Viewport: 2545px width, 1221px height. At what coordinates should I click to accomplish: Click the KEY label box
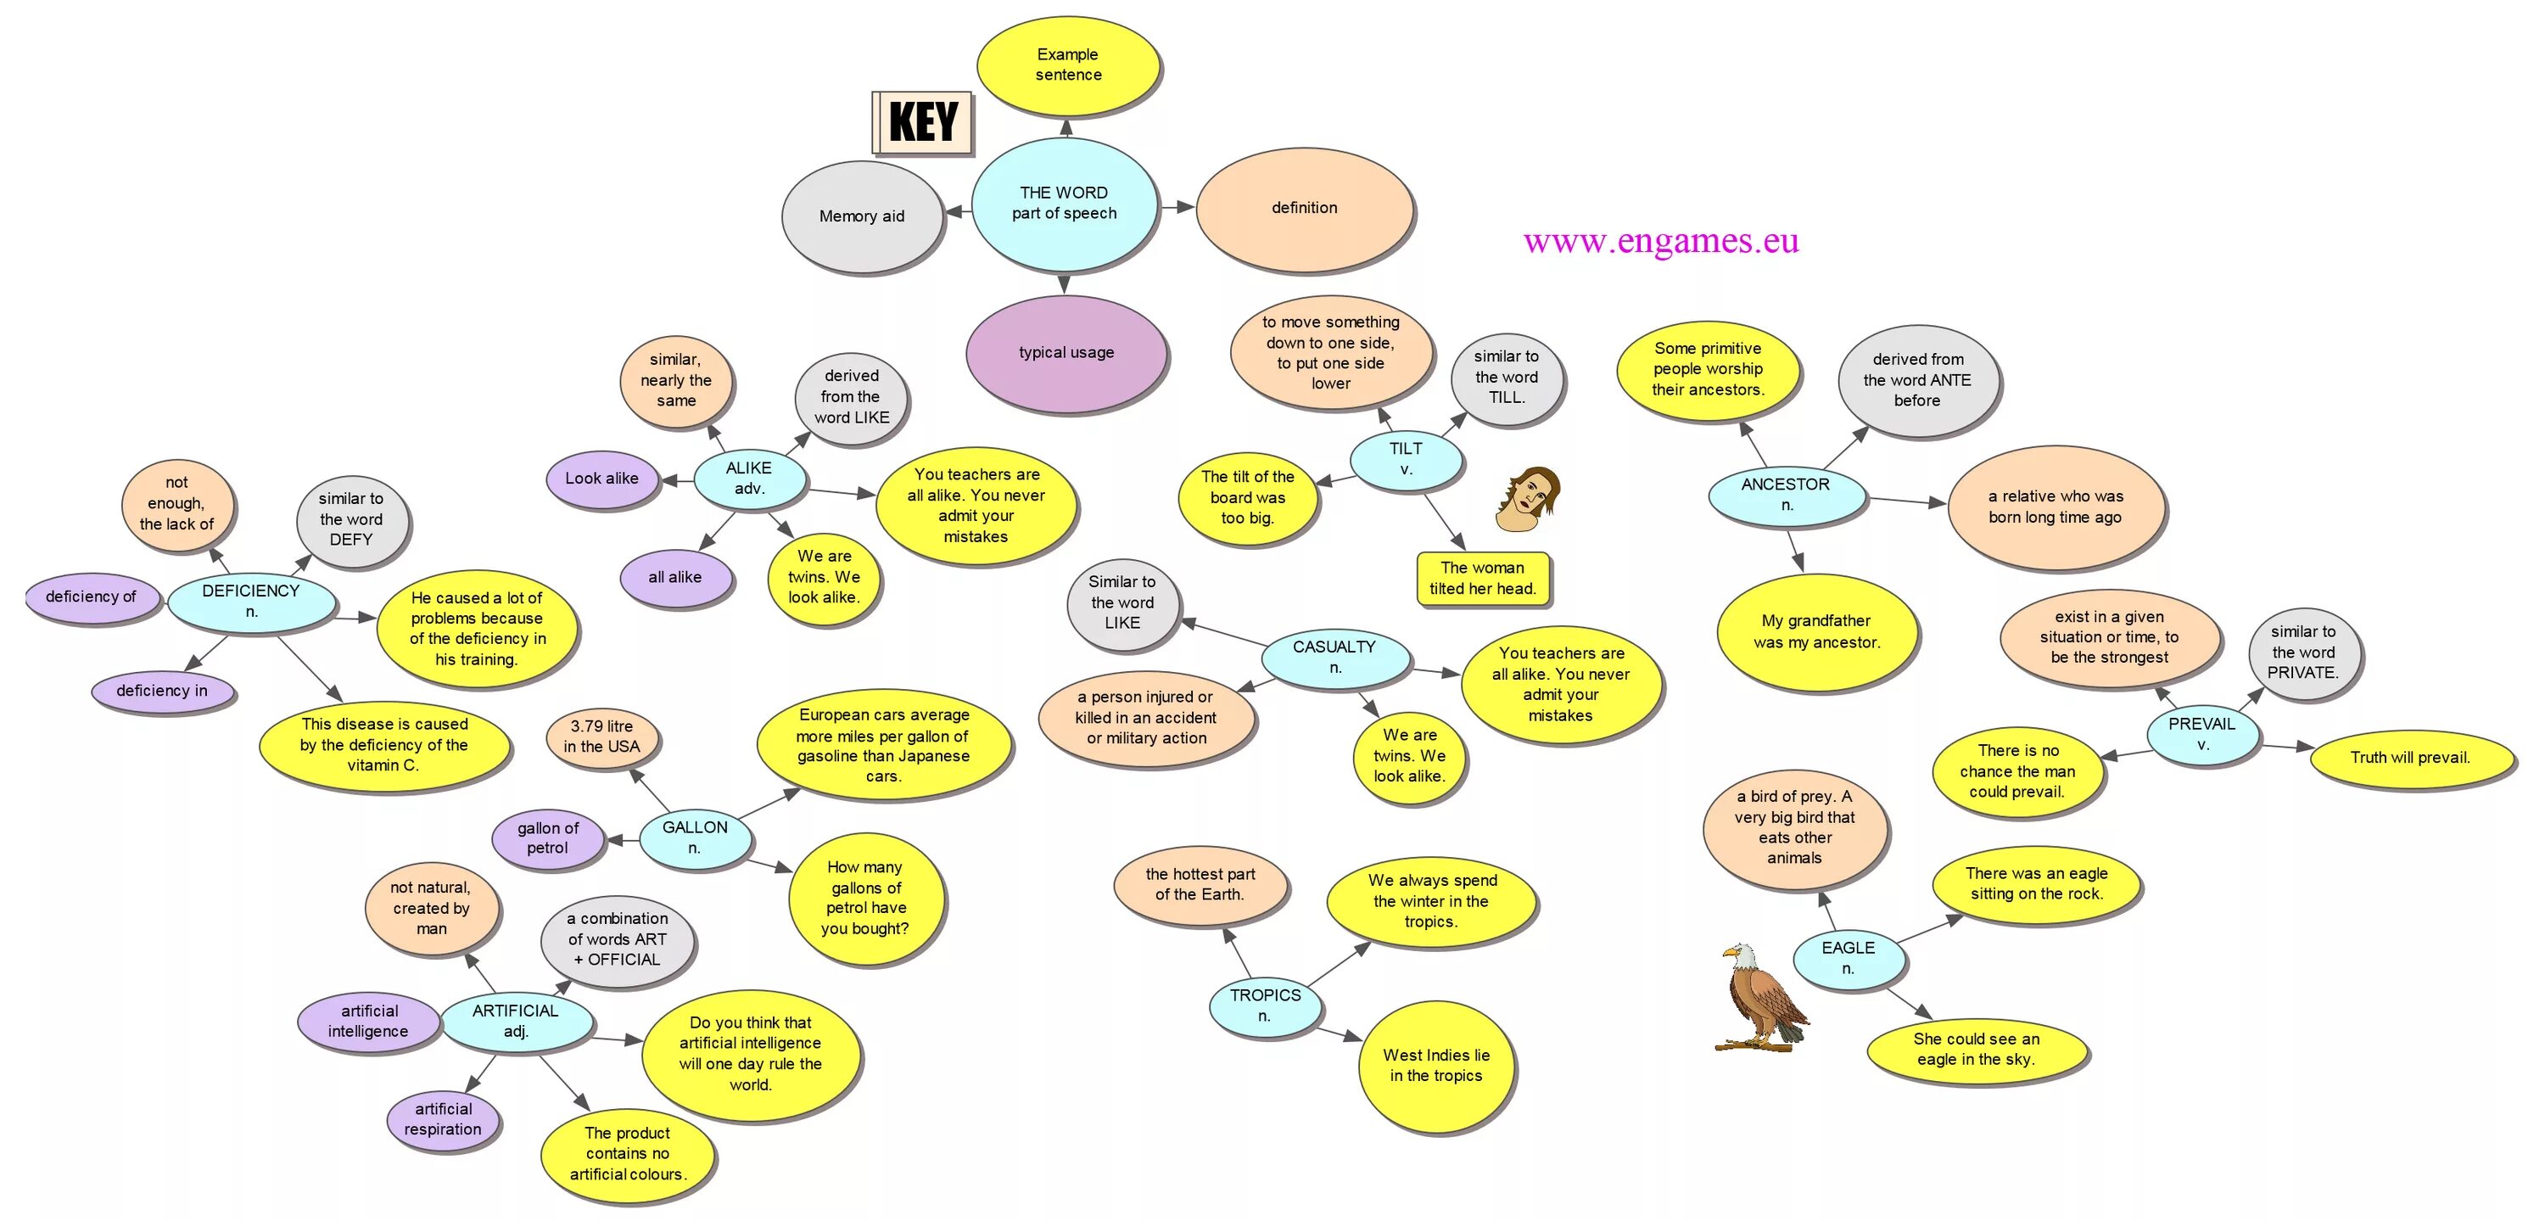(923, 122)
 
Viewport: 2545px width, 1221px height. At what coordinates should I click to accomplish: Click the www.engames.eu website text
(1661, 241)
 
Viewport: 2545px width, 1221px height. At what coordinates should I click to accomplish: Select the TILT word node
(1405, 459)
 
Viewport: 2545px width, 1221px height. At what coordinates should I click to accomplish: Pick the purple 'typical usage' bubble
(1066, 353)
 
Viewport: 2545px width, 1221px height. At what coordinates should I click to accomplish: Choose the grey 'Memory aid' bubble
(862, 216)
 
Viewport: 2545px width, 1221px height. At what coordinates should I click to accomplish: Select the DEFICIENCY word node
(251, 602)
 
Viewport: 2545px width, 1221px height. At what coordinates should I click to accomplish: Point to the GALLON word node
(695, 837)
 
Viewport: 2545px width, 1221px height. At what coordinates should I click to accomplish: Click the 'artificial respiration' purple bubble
(443, 1119)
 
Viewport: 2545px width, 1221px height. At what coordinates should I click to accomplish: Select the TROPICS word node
(1265, 1005)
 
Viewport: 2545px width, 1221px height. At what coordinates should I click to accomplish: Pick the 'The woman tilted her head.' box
(1482, 579)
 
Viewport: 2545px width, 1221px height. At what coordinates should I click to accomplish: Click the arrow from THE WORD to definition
(1177, 207)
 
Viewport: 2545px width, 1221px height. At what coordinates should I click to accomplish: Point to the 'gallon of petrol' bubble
(547, 838)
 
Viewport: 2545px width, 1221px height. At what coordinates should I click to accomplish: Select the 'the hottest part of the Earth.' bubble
(1200, 884)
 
